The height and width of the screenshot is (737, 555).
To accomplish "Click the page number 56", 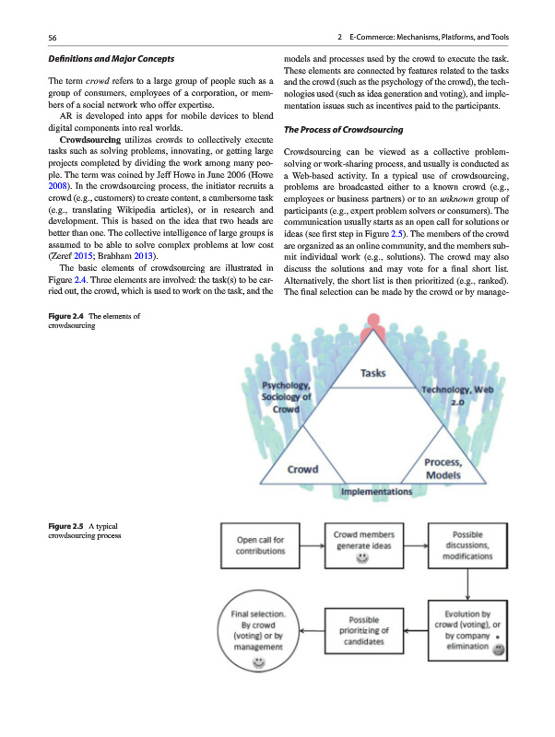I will coord(52,37).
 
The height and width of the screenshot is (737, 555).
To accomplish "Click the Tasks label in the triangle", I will coord(372,373).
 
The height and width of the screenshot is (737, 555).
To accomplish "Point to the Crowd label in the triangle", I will coord(304,469).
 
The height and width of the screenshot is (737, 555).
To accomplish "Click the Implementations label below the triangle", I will coord(376,492).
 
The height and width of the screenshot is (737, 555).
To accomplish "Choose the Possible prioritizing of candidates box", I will coord(365,631).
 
